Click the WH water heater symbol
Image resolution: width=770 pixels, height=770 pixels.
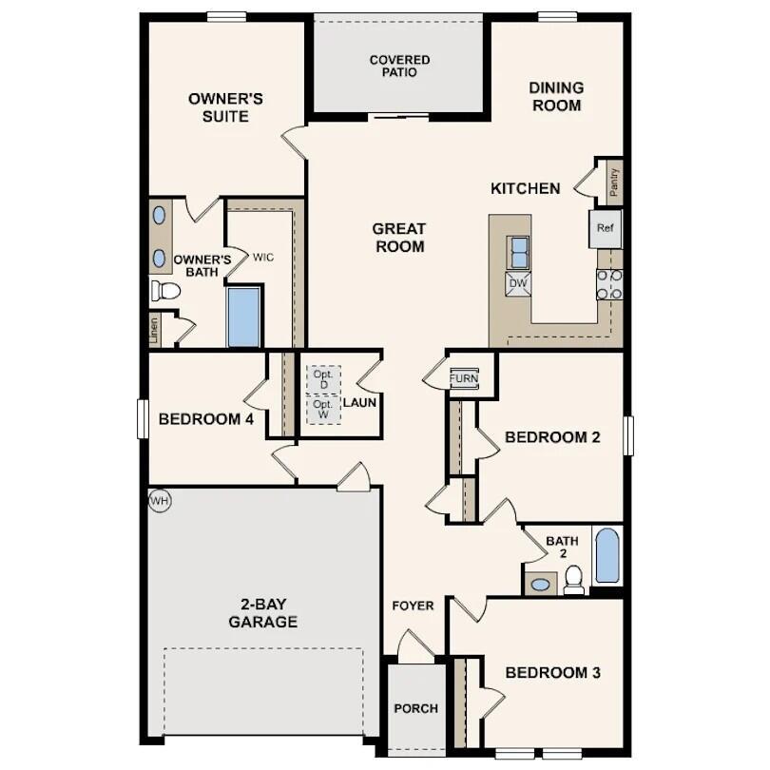click(x=159, y=500)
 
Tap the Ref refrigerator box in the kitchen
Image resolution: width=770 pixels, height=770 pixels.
click(x=605, y=229)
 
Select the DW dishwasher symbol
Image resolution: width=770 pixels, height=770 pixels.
click(x=518, y=283)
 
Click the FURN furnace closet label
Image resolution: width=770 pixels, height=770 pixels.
click(x=464, y=378)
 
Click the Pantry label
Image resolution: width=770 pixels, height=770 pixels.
click(x=614, y=181)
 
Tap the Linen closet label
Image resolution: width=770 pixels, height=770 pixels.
click(x=154, y=330)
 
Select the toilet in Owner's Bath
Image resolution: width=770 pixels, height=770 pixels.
click(x=165, y=290)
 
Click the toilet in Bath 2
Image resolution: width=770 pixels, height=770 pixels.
click(x=573, y=579)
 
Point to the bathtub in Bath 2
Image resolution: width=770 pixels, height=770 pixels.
click(x=606, y=555)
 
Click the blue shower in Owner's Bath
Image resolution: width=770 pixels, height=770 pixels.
click(x=243, y=318)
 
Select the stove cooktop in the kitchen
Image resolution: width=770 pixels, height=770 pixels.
click(x=608, y=283)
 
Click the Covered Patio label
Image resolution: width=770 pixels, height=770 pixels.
click(x=399, y=66)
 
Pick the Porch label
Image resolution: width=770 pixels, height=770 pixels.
click(x=415, y=708)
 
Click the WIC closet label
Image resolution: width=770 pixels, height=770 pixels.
click(x=263, y=257)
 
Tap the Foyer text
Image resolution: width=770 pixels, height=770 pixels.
click(x=414, y=606)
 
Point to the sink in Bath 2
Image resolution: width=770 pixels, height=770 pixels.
click(x=541, y=584)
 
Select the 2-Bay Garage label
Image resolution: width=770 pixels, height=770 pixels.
click(x=262, y=613)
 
